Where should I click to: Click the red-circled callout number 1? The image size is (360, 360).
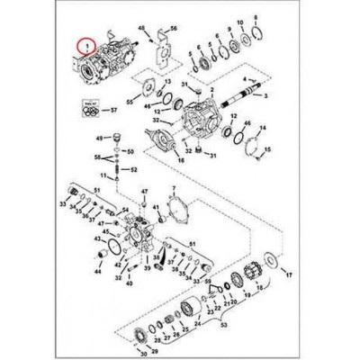point(86,43)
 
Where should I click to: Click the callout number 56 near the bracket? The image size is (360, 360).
point(175,30)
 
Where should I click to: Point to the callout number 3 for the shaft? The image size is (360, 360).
point(268,96)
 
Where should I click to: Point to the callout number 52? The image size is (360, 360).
point(134,169)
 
